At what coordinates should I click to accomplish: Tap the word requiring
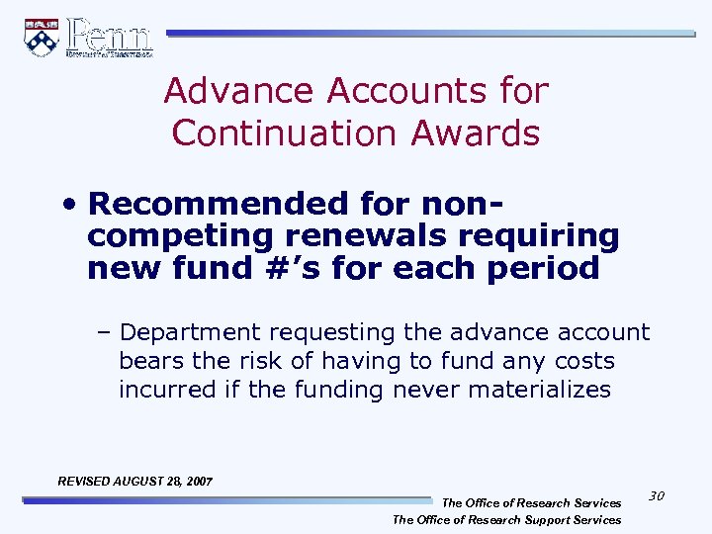pyautogui.click(x=534, y=235)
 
